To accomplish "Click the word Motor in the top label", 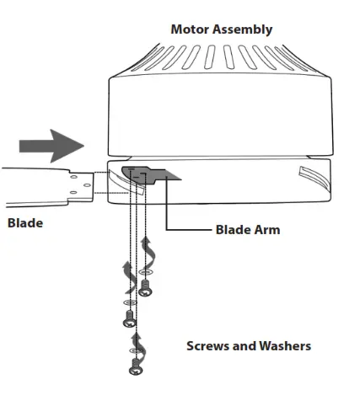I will (x=190, y=29).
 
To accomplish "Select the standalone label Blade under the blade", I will (x=25, y=223).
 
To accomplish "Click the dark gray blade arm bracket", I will (x=148, y=174).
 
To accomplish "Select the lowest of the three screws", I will (x=134, y=367).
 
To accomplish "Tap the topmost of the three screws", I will (x=147, y=289).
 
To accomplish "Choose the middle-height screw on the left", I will (x=129, y=319).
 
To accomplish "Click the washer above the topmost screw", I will (x=147, y=273).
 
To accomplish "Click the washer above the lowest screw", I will (x=134, y=354).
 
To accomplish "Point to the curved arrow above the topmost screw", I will (x=151, y=250).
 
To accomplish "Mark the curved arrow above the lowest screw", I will (x=134, y=341).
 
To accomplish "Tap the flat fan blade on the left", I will (x=42, y=185).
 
